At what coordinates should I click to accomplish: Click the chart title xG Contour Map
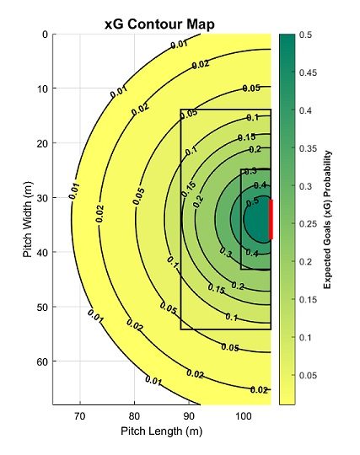[159, 24]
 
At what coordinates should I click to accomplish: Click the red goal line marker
[271, 220]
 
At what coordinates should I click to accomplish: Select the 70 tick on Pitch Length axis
[80, 416]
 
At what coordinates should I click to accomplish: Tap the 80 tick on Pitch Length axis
[134, 416]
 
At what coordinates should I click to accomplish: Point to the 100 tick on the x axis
[243, 416]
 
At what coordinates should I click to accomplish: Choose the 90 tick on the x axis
[189, 416]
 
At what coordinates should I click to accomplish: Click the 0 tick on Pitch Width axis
[46, 35]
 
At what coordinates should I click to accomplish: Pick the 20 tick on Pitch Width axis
[43, 143]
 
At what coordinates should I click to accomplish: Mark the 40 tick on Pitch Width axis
[43, 253]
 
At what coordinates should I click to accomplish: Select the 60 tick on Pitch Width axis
[43, 361]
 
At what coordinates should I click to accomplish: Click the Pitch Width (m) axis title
[28, 219]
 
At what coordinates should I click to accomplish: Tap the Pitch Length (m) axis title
[161, 431]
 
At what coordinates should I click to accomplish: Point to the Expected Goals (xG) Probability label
[327, 220]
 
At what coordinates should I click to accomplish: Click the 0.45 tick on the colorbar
[308, 72]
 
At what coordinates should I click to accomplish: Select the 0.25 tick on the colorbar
[308, 224]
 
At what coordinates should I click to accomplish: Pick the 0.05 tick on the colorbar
[308, 375]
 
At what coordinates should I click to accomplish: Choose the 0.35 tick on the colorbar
[308, 148]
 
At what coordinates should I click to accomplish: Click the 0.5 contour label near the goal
[252, 202]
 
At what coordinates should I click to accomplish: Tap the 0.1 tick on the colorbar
[305, 338]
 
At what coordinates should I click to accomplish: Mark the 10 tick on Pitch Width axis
[43, 89]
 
